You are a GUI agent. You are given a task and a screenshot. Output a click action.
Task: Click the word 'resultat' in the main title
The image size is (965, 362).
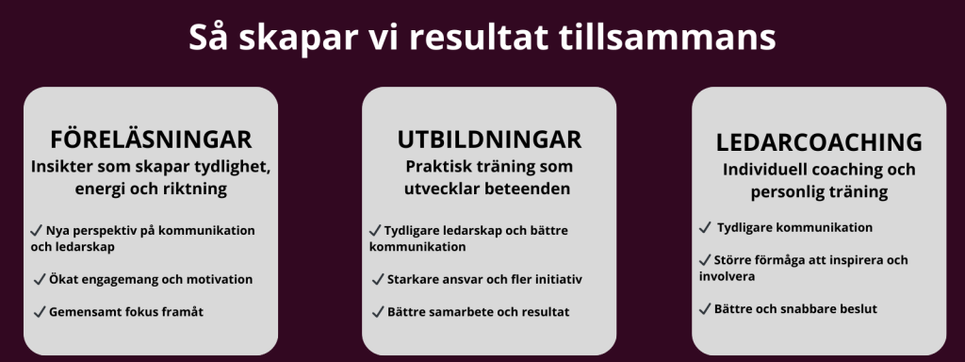click(x=478, y=38)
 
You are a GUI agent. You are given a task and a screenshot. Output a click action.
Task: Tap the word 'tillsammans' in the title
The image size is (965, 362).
click(x=667, y=38)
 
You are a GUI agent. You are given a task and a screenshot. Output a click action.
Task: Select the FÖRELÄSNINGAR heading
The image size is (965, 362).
click(x=151, y=140)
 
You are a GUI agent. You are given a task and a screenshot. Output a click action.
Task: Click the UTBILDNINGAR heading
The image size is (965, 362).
click(x=489, y=140)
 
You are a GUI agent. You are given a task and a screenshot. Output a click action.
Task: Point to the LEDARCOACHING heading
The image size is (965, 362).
click(x=819, y=142)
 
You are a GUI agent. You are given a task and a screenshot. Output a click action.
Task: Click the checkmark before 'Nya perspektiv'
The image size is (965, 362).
click(x=37, y=231)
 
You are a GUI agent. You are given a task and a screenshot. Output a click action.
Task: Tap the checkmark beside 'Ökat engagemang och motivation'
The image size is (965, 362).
click(x=40, y=279)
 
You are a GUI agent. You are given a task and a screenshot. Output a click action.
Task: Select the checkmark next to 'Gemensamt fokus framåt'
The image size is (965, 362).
click(x=40, y=312)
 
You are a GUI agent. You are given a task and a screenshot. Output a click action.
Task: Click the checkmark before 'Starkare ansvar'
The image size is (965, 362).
click(x=378, y=279)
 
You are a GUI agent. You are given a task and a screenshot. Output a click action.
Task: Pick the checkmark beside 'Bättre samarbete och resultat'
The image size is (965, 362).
click(x=378, y=312)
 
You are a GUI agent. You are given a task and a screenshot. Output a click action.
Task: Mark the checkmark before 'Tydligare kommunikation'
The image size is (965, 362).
click(x=705, y=228)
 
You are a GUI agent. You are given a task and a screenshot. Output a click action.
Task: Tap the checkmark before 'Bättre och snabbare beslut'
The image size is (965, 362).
click(x=705, y=309)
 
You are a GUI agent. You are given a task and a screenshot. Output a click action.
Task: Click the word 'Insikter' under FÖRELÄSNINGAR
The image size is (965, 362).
click(x=57, y=167)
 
